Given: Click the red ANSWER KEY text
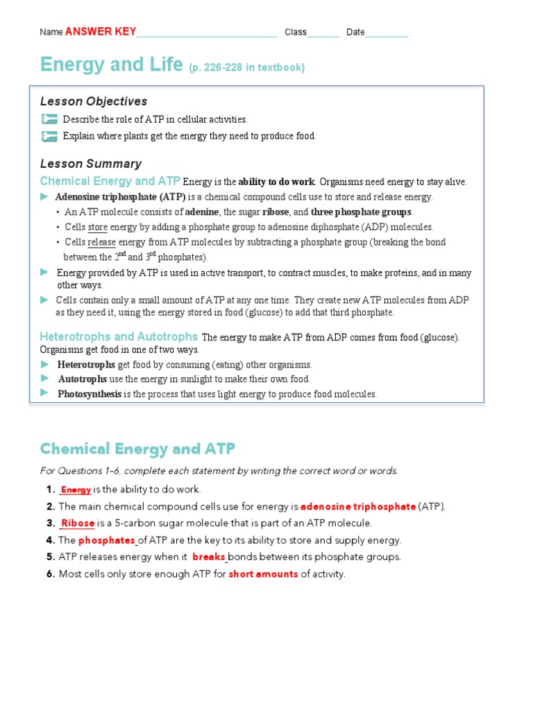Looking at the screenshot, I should [x=101, y=32].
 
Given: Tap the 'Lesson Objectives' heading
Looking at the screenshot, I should [x=94, y=101].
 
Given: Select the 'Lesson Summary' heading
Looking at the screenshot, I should [x=91, y=164].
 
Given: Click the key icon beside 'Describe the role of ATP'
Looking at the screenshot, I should [x=49, y=119].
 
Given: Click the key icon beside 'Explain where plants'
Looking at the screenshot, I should [x=49, y=136].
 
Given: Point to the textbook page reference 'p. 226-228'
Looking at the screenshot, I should [x=246, y=67].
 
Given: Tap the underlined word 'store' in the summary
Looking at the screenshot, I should [x=98, y=227].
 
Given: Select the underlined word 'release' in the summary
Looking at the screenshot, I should [x=102, y=242].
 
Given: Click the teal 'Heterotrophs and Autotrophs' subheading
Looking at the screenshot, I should [x=119, y=336].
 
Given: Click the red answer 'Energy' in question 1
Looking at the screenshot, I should [x=76, y=490].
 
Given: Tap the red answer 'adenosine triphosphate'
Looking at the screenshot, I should [x=357, y=506].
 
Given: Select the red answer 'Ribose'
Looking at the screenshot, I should [x=78, y=523].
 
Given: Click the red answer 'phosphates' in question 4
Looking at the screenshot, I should [x=107, y=540].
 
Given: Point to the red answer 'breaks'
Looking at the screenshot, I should [x=208, y=557].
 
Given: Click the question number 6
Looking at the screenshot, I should [x=50, y=574].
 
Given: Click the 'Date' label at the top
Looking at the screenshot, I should [x=355, y=32].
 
